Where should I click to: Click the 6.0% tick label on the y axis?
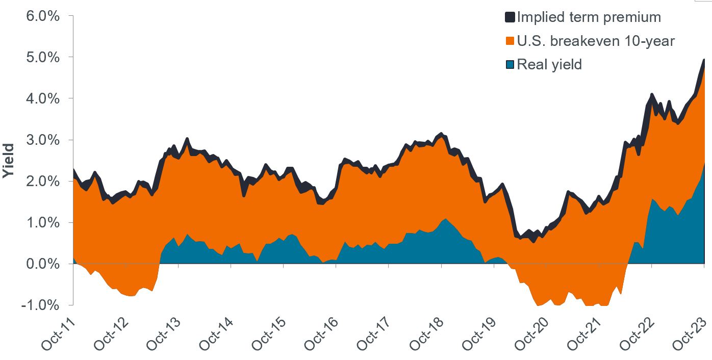(x=42, y=16)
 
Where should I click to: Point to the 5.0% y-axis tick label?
(x=42, y=57)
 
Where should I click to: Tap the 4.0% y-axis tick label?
(x=42, y=98)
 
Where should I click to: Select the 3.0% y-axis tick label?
(x=42, y=140)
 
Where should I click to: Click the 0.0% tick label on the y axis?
(x=42, y=264)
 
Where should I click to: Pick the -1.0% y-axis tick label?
(x=40, y=305)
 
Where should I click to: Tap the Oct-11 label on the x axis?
(x=58, y=334)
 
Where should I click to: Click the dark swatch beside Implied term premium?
(x=510, y=17)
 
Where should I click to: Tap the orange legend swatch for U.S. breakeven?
(x=510, y=41)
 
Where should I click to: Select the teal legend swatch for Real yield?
(x=510, y=65)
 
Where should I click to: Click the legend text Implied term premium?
(x=589, y=17)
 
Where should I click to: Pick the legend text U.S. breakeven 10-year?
(x=595, y=41)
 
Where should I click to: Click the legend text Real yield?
(x=549, y=65)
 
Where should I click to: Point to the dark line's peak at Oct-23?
(x=704, y=60)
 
